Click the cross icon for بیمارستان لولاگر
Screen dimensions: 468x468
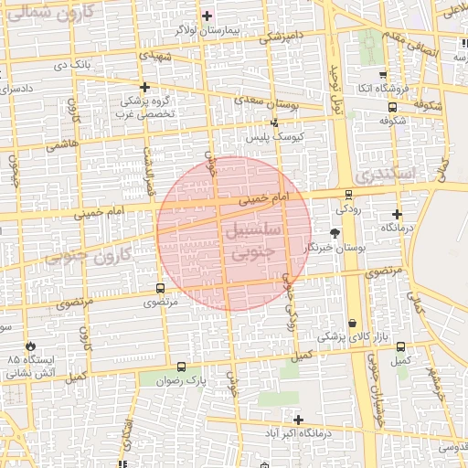coord(207,16)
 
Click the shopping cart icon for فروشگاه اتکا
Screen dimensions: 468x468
coord(382,75)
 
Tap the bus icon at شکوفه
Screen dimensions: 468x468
coord(392,106)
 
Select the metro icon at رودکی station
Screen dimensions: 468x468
coord(348,194)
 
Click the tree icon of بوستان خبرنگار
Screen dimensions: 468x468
coord(335,233)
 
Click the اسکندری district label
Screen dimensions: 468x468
coord(384,173)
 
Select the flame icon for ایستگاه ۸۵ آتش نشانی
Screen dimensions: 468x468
coord(32,346)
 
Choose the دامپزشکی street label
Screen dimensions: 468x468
coord(281,37)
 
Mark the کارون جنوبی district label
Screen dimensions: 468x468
coord(88,256)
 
